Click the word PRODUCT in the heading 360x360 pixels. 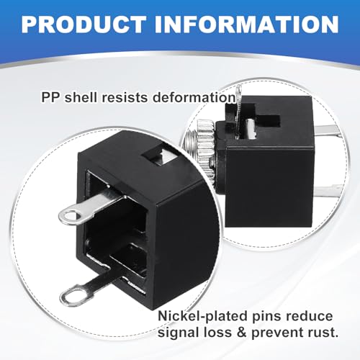point(84,24)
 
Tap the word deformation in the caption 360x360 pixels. point(194,98)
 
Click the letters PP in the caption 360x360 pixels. point(50,98)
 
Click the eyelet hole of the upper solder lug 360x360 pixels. point(71,215)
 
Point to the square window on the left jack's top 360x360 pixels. point(159,157)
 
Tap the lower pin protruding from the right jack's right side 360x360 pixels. point(329,187)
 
